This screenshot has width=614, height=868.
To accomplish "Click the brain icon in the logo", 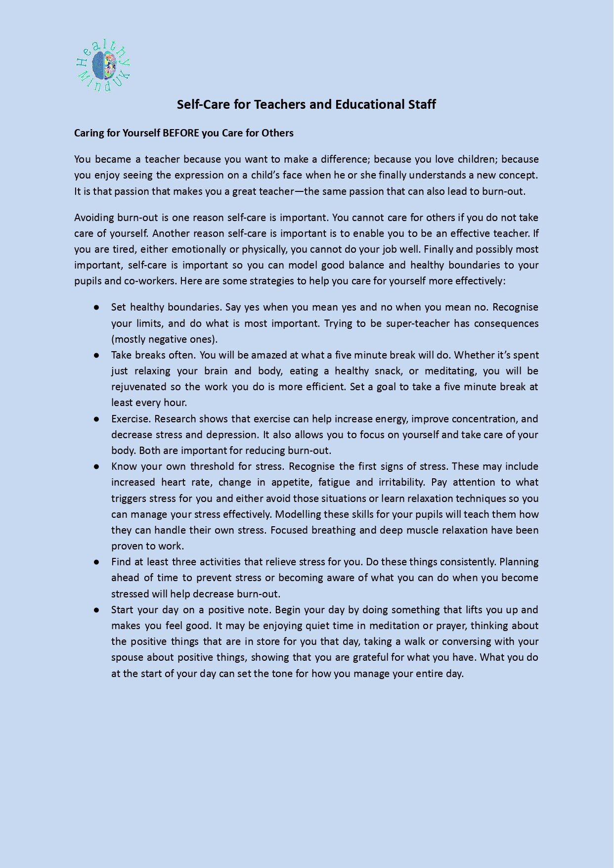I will click(104, 66).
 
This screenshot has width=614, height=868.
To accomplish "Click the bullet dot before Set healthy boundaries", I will click(97, 308).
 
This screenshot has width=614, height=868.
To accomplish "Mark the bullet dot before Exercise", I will click(97, 419).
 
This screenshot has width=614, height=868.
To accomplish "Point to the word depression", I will click(232, 435).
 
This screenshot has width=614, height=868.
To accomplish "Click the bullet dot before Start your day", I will click(97, 610).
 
